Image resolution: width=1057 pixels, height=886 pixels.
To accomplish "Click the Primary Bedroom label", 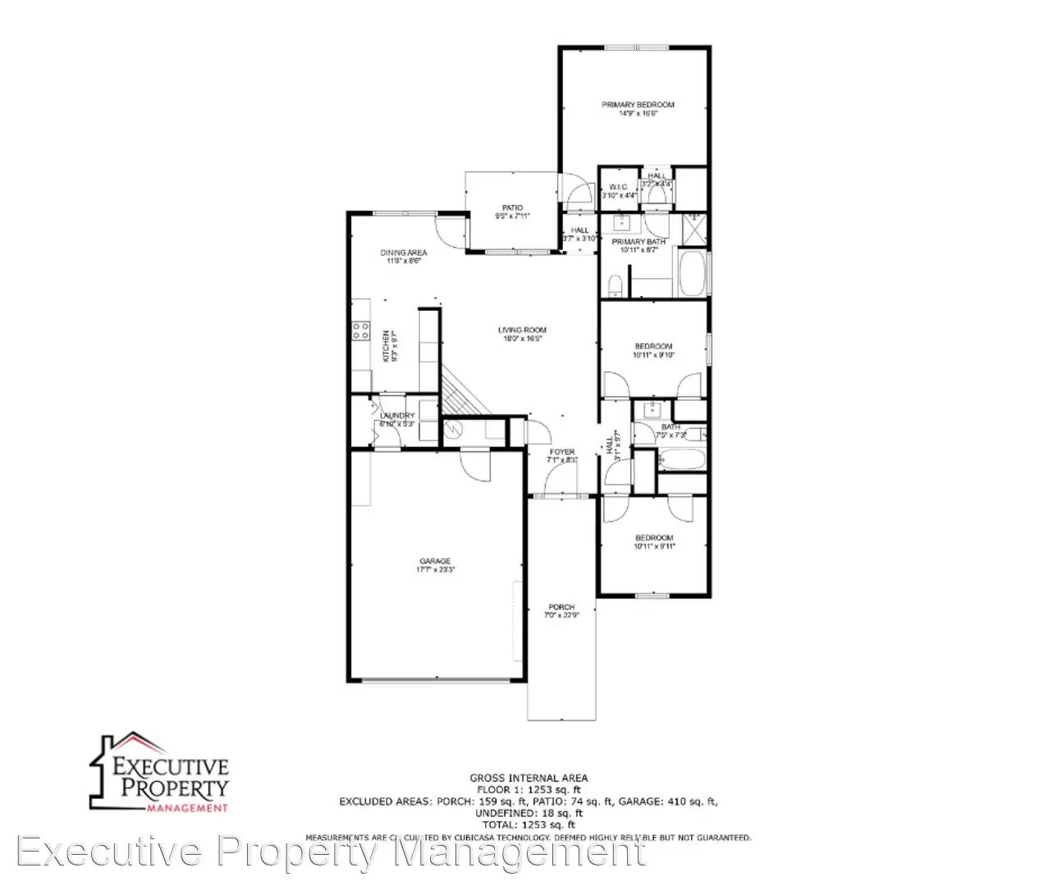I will [638, 105].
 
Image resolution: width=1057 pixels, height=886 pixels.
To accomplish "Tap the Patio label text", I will [512, 208].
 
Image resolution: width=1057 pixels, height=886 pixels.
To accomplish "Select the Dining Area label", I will [403, 253].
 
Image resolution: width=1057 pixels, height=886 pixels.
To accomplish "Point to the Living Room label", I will [522, 330].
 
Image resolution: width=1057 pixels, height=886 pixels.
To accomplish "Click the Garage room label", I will [435, 561].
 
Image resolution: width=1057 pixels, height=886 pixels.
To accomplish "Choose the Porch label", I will [561, 607].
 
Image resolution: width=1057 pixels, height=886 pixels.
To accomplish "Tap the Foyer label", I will [562, 452].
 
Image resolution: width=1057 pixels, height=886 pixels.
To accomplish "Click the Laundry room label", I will [397, 416].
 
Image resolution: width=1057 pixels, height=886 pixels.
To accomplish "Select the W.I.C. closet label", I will [618, 187].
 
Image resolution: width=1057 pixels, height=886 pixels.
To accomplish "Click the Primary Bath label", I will [638, 242].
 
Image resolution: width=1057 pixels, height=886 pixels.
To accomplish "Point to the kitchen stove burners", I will [360, 331].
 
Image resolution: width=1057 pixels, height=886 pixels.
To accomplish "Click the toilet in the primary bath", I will [615, 285].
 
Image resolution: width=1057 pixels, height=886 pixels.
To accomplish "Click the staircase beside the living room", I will [463, 394].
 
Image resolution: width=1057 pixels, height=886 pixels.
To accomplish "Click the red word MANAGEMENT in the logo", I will [187, 808].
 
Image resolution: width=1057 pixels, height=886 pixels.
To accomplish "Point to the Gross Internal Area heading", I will [528, 778].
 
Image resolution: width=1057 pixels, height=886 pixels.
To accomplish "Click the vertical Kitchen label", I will [386, 346].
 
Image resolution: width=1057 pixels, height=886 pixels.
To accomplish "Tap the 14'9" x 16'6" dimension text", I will [638, 113].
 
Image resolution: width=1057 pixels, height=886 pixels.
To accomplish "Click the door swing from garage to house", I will [474, 466].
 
